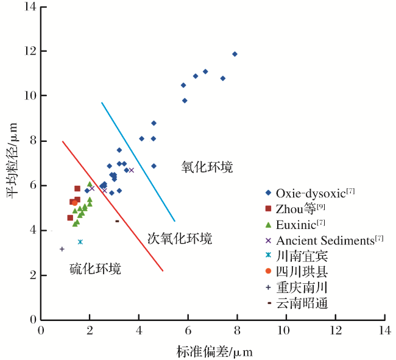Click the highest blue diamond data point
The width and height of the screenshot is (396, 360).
[x=235, y=54]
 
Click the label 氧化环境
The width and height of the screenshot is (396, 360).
[x=207, y=167]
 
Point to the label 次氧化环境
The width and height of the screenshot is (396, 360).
[x=180, y=238]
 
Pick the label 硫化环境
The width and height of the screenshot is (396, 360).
[x=95, y=269]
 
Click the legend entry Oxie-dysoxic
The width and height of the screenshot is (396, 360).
[x=310, y=193]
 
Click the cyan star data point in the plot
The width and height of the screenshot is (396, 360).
[x=80, y=242]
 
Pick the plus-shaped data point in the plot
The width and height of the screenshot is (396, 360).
[x=62, y=249]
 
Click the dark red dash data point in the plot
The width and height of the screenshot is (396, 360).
[x=117, y=221]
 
